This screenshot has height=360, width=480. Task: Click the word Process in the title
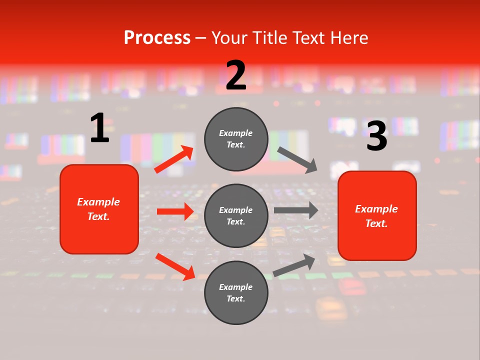tap(157, 37)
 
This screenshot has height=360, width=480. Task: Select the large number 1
tap(99, 128)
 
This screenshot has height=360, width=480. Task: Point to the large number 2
tap(236, 75)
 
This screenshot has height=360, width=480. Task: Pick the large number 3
tap(376, 136)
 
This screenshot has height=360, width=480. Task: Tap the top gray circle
tap(236, 139)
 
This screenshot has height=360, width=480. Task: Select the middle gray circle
tap(236, 215)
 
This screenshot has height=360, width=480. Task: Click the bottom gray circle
tap(236, 292)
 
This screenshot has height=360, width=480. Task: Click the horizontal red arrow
tap(175, 211)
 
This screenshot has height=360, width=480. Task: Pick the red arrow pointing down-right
tap(175, 266)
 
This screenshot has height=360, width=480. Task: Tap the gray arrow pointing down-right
tap(297, 160)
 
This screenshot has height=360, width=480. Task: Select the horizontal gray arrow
tap(296, 210)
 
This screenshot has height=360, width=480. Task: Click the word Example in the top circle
tap(236, 133)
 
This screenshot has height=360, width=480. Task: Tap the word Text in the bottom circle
tap(235, 298)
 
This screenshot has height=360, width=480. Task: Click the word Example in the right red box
tap(376, 209)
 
